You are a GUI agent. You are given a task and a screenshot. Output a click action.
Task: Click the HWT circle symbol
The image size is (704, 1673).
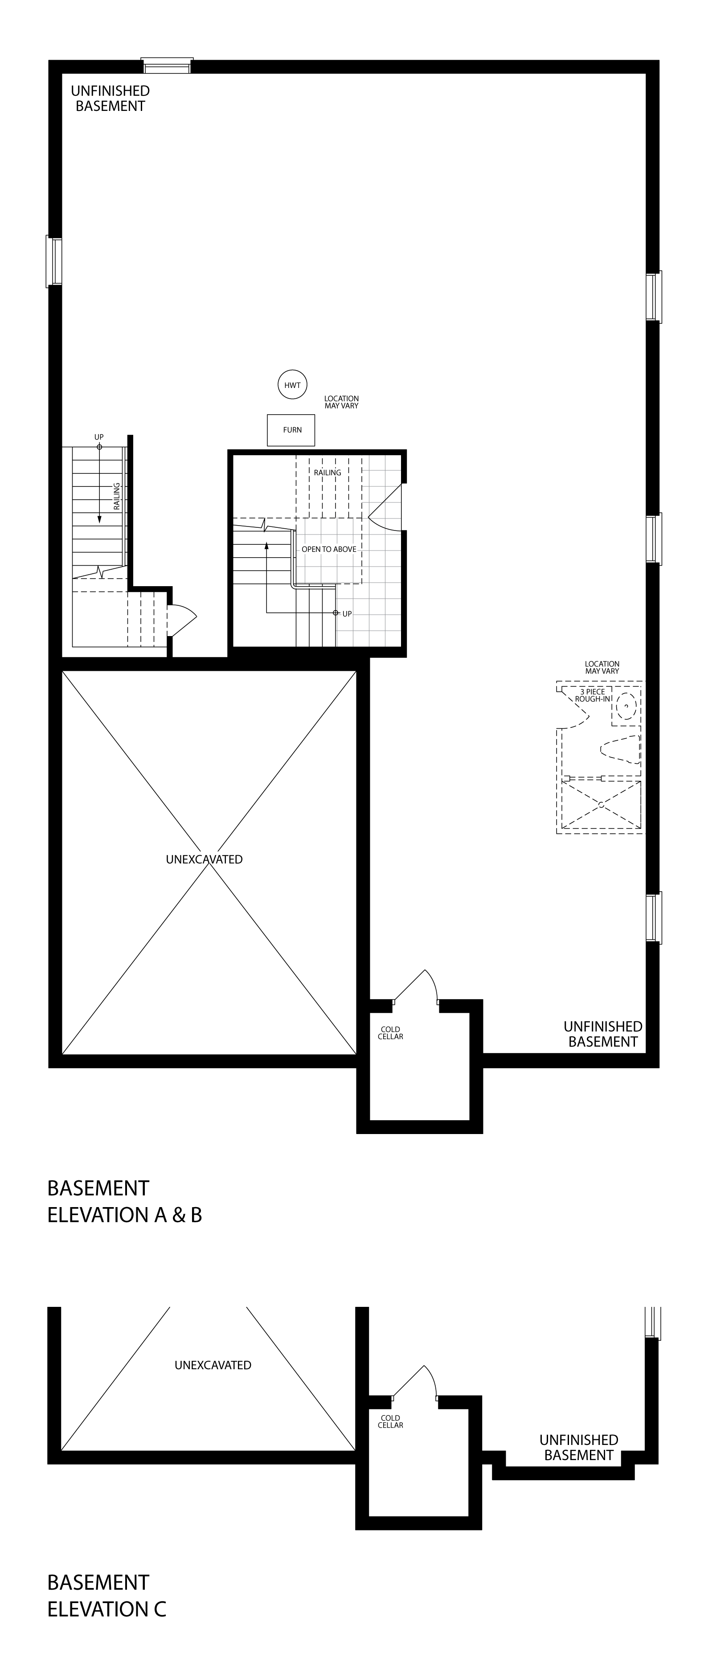tap(292, 385)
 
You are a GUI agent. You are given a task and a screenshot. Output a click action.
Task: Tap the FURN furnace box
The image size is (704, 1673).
tap(291, 430)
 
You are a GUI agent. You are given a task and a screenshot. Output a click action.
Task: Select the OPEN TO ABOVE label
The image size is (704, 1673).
tap(329, 550)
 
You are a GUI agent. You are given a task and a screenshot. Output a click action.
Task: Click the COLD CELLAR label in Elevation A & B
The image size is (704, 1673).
tap(390, 1032)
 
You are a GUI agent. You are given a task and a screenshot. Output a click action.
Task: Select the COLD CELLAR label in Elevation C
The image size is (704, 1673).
tap(390, 1422)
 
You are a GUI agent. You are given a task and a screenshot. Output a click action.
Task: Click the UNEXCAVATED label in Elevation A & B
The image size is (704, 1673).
tap(204, 859)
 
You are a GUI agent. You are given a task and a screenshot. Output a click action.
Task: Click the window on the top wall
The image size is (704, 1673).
tap(168, 65)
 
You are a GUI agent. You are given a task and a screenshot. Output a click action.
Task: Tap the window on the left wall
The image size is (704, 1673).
tap(54, 261)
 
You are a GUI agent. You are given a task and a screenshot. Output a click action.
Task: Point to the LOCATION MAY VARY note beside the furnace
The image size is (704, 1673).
tap(342, 402)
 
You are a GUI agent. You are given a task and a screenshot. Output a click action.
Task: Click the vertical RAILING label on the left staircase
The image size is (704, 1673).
tap(117, 496)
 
